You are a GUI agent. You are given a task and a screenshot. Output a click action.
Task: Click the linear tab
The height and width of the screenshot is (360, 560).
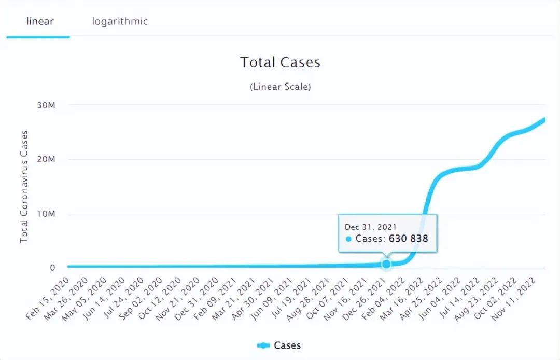click(40, 21)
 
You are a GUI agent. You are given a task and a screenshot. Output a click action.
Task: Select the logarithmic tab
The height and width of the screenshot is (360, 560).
click(120, 21)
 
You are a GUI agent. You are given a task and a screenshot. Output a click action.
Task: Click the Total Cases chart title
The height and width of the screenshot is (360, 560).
click(280, 63)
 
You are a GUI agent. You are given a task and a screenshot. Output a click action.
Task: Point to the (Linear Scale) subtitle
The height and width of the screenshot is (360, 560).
click(280, 87)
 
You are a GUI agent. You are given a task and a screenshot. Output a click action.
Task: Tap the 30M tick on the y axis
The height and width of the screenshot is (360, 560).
click(45, 105)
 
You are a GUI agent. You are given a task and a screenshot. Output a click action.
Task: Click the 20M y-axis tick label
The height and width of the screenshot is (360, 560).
click(45, 160)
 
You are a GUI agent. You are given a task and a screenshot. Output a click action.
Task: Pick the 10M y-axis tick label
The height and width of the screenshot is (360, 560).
click(45, 214)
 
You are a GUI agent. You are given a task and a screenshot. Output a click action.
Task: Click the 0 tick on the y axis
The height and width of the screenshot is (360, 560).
click(52, 268)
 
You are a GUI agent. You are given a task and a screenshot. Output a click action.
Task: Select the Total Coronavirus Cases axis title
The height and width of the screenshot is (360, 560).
click(24, 187)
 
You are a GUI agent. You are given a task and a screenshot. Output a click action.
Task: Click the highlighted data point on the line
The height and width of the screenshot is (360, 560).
click(386, 264)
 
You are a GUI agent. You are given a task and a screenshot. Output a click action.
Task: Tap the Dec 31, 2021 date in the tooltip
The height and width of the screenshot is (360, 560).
click(371, 227)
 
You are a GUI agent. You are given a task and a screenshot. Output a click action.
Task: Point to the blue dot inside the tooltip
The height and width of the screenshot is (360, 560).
click(348, 239)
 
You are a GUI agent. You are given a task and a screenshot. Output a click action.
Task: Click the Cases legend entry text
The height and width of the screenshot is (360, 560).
click(287, 345)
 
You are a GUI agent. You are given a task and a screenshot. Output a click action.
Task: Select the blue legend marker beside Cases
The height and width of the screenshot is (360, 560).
click(263, 345)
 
